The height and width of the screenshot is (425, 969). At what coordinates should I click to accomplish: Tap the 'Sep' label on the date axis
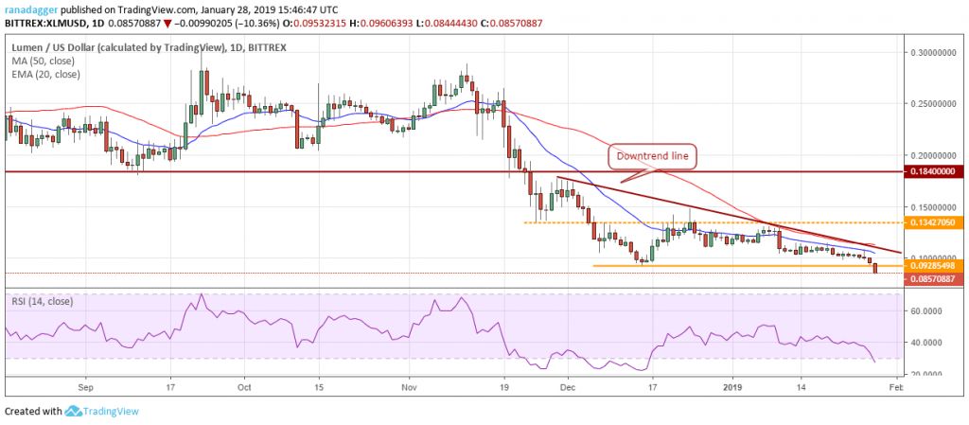(x=85, y=387)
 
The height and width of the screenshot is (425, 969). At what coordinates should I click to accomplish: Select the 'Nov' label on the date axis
(x=409, y=387)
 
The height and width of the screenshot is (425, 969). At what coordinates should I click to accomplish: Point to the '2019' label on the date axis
(x=734, y=387)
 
